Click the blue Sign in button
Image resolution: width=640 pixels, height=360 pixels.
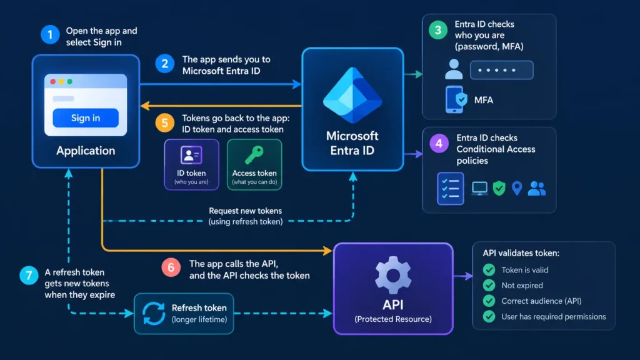pos(86,118)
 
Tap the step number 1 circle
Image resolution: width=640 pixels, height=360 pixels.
pos(50,35)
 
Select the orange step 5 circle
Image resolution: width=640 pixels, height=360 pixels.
pos(165,123)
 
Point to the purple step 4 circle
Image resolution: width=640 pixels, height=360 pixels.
pos(439,144)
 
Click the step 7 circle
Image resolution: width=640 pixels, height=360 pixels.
pos(29,276)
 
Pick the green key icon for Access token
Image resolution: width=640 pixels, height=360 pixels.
pos(254,155)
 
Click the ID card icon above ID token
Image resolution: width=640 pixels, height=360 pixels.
pos(191,155)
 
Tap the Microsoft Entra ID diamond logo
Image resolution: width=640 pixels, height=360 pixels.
pos(352,96)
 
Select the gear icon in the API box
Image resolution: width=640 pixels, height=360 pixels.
pos(393,276)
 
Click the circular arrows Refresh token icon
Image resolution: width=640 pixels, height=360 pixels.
pos(154,314)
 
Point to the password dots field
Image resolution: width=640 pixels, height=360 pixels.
pos(502,70)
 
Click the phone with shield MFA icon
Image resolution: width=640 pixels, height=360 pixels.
pos(456,99)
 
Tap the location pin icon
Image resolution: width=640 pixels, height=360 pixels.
pos(517,188)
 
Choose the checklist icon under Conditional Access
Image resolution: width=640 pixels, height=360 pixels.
pos(450,189)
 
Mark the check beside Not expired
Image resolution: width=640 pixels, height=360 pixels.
pos(489,285)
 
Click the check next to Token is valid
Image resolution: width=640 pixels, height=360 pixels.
pos(489,270)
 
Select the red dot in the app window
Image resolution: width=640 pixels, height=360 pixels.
pos(53,82)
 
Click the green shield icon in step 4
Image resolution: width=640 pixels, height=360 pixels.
pos(499,188)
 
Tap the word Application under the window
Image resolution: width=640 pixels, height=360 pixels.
pos(86,151)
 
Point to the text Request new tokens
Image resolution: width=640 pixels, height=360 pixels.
pos(245,211)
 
